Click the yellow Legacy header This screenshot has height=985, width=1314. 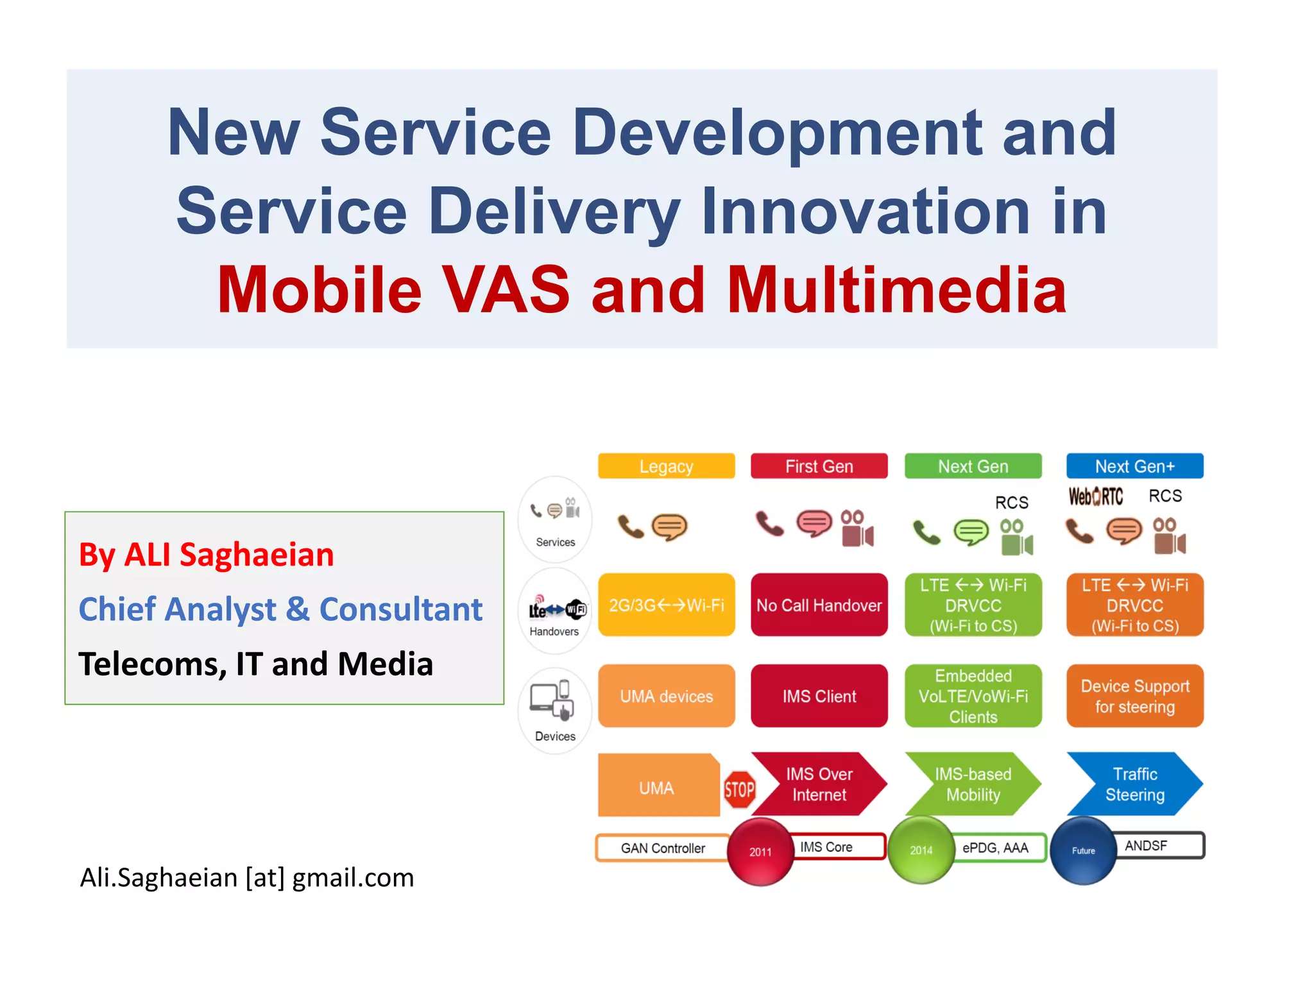(666, 466)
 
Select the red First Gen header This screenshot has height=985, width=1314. (819, 466)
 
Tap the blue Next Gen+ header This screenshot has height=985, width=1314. (1134, 466)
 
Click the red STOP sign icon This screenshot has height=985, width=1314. (739, 789)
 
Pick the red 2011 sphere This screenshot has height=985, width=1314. (761, 852)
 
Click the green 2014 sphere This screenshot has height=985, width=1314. (921, 850)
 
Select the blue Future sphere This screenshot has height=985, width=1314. (1084, 850)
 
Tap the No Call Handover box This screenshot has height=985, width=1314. (819, 605)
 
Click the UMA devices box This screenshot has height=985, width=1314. (666, 696)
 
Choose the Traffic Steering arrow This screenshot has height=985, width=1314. (1134, 784)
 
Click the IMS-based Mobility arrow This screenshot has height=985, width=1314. (973, 784)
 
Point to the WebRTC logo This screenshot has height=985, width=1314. (1096, 496)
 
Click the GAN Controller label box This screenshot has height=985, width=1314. (662, 848)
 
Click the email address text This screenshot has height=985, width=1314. (247, 877)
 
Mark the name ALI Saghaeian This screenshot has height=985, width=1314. (228, 555)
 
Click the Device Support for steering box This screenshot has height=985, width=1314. (1134, 696)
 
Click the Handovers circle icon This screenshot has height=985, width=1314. (556, 611)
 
